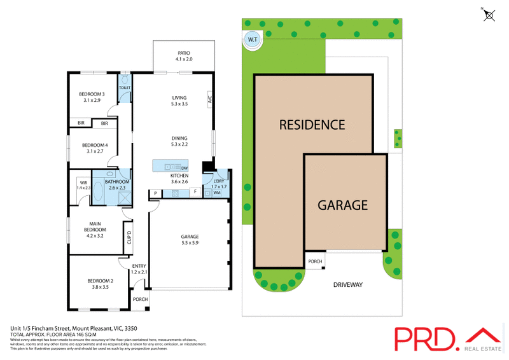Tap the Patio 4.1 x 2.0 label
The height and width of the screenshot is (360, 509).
(x=183, y=56)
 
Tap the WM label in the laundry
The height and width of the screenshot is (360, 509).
(x=216, y=192)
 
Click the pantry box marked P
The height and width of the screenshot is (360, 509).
(x=155, y=193)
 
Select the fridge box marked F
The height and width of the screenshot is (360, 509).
(x=195, y=192)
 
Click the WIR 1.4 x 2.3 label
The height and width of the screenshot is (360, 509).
(x=84, y=185)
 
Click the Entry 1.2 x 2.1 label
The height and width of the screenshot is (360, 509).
(x=139, y=269)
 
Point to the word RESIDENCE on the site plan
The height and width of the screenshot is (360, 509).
(x=312, y=125)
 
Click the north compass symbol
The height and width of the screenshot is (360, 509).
(x=489, y=15)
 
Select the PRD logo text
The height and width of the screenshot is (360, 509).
(x=424, y=339)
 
